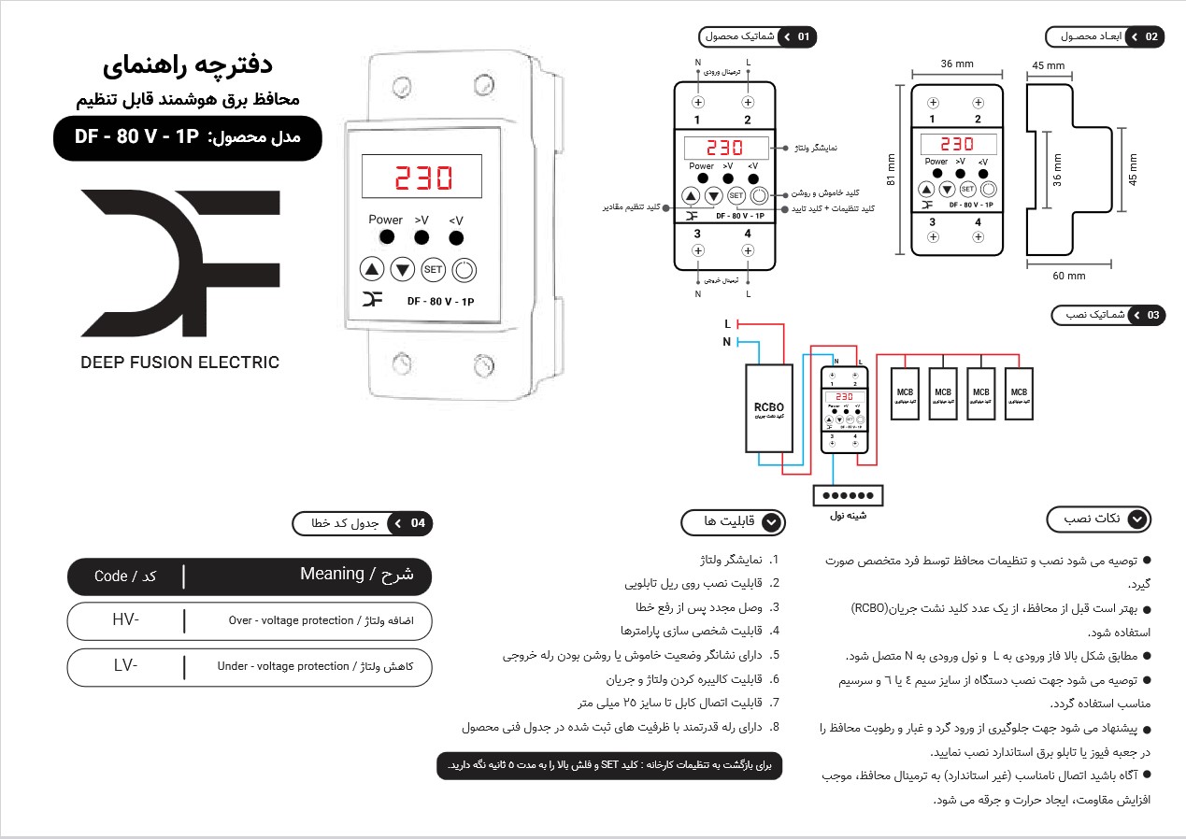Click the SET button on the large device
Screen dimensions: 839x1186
point(434,270)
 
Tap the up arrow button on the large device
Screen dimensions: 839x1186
point(372,270)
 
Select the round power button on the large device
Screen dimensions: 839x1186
point(464,270)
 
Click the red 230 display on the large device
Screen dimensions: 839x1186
point(423,178)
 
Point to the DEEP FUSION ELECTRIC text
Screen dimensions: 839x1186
point(179,363)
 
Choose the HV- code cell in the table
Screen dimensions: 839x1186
point(125,619)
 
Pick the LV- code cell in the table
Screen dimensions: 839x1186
point(125,665)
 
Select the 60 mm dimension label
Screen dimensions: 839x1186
point(1069,276)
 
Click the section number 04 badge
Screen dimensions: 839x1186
point(418,523)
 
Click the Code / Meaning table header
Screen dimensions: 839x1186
point(250,576)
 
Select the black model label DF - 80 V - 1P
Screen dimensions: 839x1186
point(187,137)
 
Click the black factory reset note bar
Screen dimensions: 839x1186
point(608,765)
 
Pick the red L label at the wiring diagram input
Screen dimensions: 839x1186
point(728,323)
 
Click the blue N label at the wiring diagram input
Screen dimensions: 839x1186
point(727,342)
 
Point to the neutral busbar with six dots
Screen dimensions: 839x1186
point(847,494)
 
